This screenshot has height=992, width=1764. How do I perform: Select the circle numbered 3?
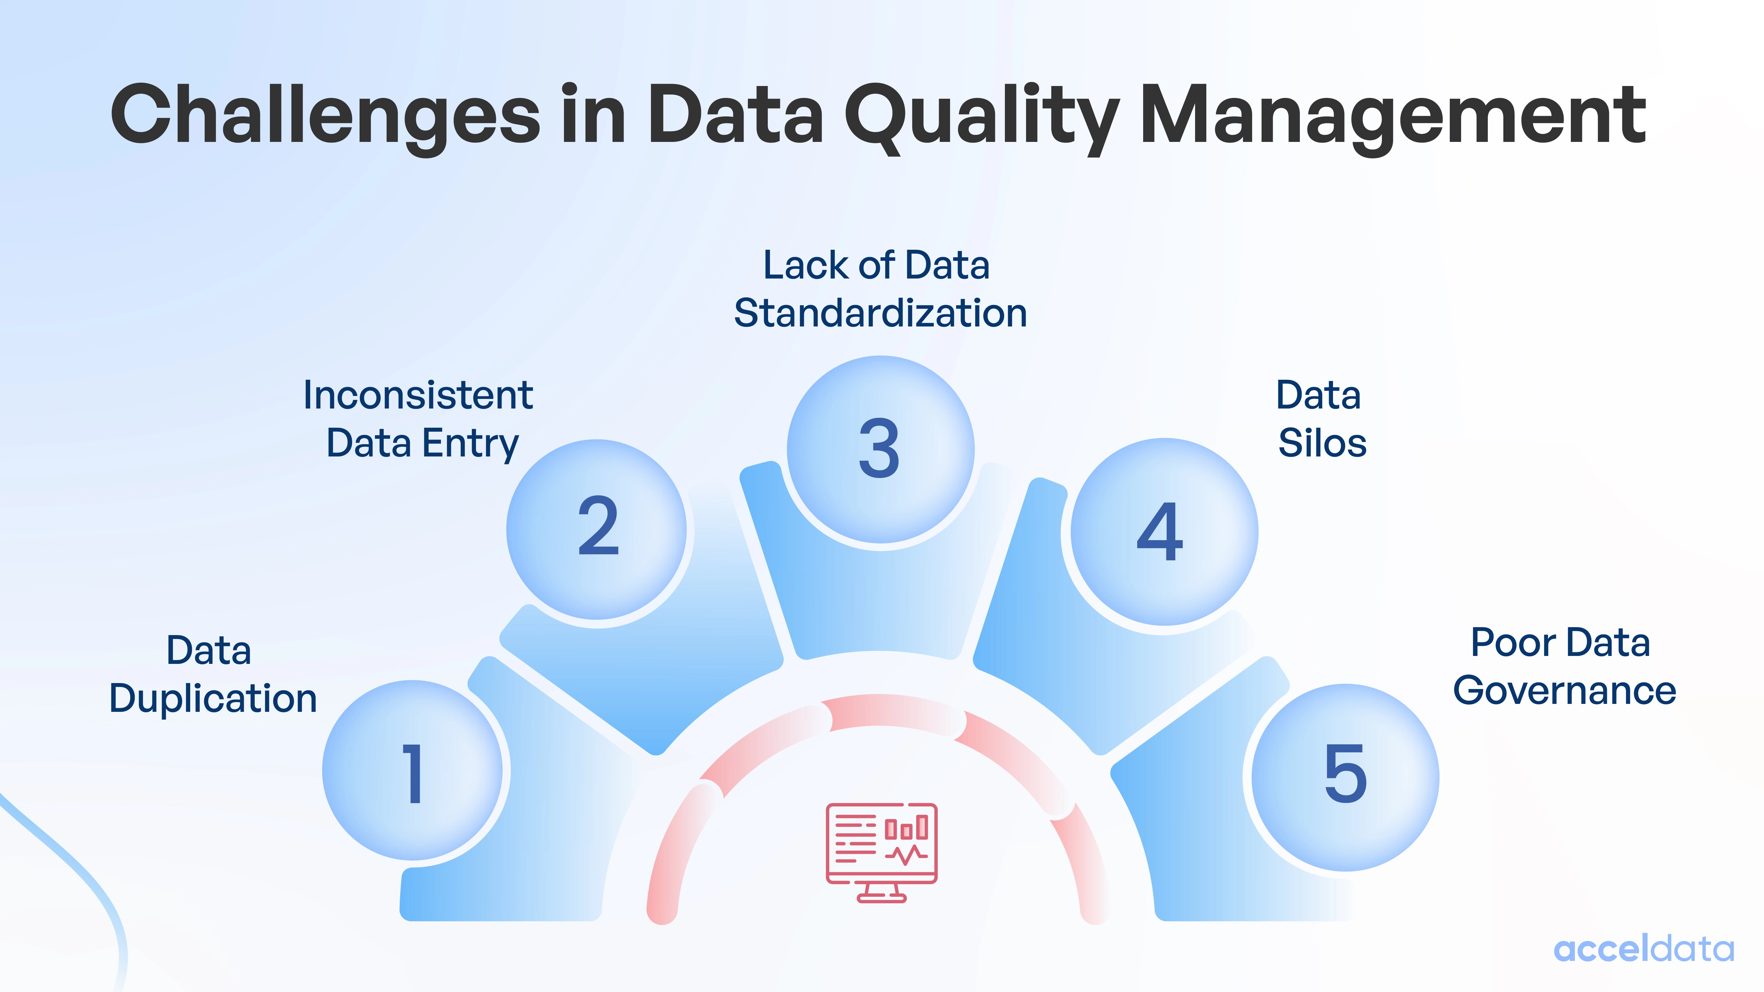(881, 449)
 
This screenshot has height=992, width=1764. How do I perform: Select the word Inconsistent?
(418, 396)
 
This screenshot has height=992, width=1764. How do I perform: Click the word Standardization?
(881, 314)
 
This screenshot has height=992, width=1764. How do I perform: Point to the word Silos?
(1322, 443)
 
